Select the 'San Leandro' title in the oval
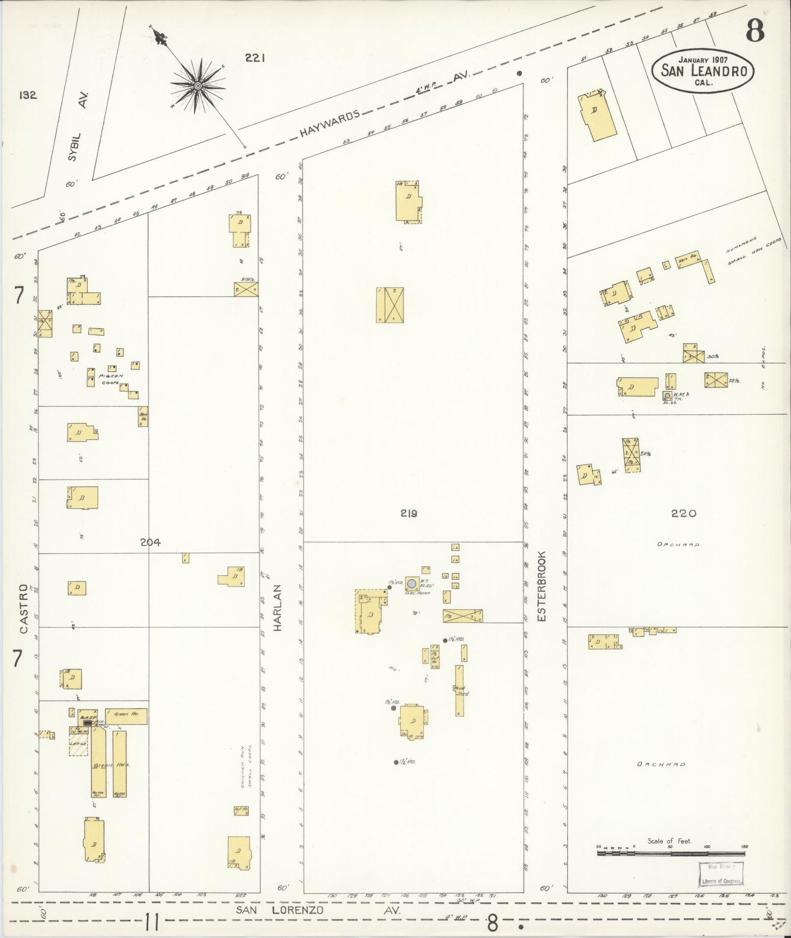(x=703, y=70)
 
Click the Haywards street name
(x=330, y=123)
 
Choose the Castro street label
(x=24, y=609)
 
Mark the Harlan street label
(x=278, y=607)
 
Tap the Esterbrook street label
(x=542, y=586)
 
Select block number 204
(x=150, y=542)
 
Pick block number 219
(x=408, y=513)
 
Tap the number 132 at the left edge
(x=27, y=95)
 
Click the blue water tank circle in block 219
(x=411, y=583)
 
